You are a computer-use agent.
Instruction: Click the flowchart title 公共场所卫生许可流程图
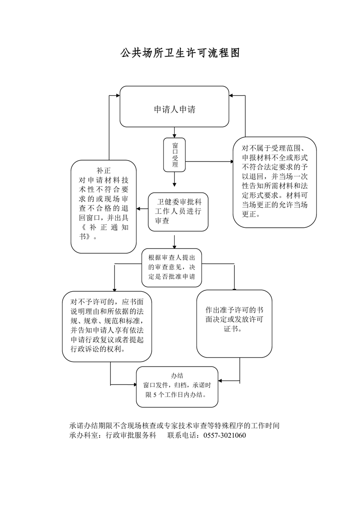coord(180,53)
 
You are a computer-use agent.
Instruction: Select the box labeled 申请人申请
coord(174,109)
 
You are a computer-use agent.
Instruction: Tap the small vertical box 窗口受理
coord(175,155)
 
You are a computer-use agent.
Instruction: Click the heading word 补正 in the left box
coord(104,171)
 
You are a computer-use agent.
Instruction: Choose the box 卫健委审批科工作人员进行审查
coord(178,212)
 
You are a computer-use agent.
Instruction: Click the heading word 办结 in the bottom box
coord(177,376)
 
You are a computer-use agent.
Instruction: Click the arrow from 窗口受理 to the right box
coord(209,161)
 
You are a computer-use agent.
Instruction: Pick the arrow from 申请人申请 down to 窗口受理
coord(175,132)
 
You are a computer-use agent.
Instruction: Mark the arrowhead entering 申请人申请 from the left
coord(117,96)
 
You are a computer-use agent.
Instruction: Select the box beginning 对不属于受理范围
coord(275,181)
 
